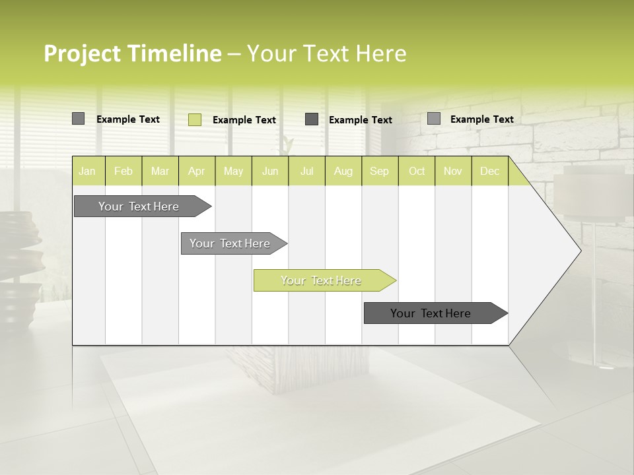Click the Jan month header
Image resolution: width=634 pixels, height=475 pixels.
tap(87, 172)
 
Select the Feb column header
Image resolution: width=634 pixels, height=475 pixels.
tap(123, 172)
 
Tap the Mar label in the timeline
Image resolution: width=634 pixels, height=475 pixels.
tap(160, 172)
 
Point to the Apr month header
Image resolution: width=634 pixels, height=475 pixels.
tap(197, 172)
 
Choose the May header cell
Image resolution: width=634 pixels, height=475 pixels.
tap(233, 172)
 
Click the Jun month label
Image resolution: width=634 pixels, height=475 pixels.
tap(270, 172)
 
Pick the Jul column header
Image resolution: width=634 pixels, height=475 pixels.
tap(306, 172)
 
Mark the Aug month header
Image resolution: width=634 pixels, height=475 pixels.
tap(343, 172)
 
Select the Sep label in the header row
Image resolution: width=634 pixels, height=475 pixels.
tap(380, 172)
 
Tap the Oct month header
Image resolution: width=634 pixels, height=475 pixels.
tap(417, 172)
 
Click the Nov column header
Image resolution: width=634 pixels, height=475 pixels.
tap(453, 172)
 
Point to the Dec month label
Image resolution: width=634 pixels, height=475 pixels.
tap(490, 172)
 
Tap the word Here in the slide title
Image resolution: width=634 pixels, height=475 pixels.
tap(382, 54)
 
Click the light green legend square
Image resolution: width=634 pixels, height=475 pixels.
tap(195, 119)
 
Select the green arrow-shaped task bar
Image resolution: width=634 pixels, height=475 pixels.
tap(322, 280)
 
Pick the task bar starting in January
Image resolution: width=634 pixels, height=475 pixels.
tap(139, 206)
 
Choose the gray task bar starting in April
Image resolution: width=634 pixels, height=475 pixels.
tap(230, 243)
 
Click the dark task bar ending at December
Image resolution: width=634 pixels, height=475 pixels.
tap(431, 313)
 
